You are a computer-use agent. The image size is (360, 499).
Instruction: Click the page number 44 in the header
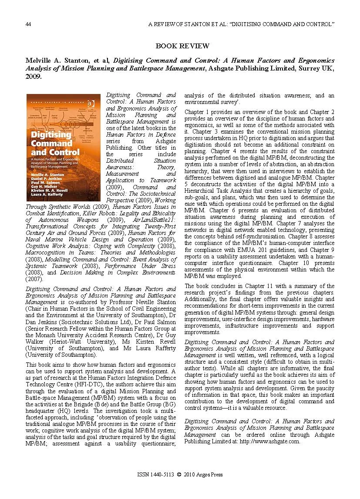(x=28, y=24)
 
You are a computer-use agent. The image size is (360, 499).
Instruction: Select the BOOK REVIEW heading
(x=182, y=46)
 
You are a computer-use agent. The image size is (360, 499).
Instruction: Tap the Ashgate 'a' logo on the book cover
(x=91, y=103)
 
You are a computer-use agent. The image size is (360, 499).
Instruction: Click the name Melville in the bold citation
(x=38, y=61)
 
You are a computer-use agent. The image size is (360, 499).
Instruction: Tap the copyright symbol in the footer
(x=179, y=475)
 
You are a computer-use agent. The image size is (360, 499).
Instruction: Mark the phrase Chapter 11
(x=259, y=286)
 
